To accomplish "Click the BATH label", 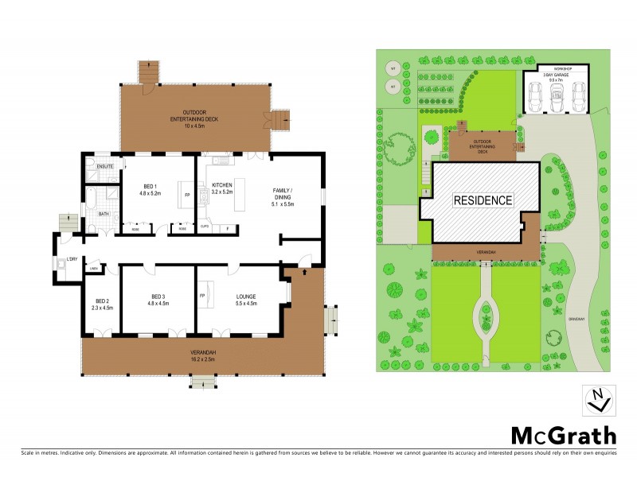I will pos(104,214).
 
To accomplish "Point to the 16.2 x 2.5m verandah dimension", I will pos(204,359).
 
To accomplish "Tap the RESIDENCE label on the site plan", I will pos(483,200).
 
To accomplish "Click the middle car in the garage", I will pos(557,98).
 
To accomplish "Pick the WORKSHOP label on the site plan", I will pos(557,68).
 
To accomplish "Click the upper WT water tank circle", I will pos(392,67).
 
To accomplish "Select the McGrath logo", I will pos(563,435).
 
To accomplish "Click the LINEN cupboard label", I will pos(94,269).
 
